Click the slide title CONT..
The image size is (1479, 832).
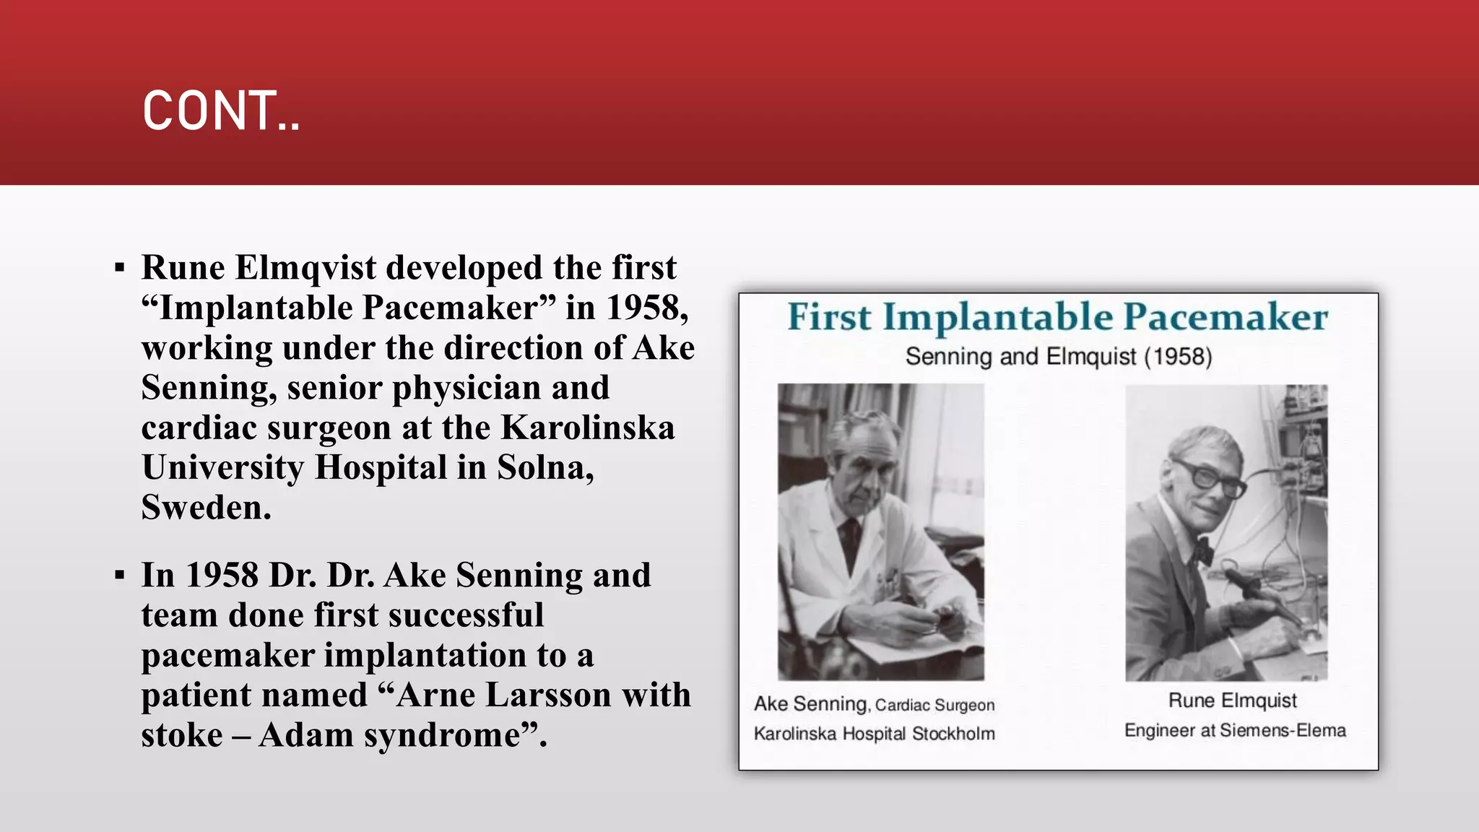(221, 111)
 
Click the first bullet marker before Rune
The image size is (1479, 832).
(120, 269)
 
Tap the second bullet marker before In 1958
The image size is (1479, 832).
(120, 576)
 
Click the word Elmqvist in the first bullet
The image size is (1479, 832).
(305, 268)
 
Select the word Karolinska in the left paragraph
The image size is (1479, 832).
(588, 428)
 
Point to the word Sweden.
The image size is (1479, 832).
(206, 508)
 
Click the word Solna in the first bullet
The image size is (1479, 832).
(545, 467)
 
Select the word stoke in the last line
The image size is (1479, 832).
(182, 735)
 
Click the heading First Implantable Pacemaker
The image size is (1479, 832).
(1057, 317)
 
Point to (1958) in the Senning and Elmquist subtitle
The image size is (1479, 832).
(1178, 357)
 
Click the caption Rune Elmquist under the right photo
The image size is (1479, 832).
(1232, 701)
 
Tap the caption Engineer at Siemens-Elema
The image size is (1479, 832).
(1235, 731)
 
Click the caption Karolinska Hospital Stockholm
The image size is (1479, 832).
(874, 734)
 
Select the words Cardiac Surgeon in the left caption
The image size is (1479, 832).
(934, 706)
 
